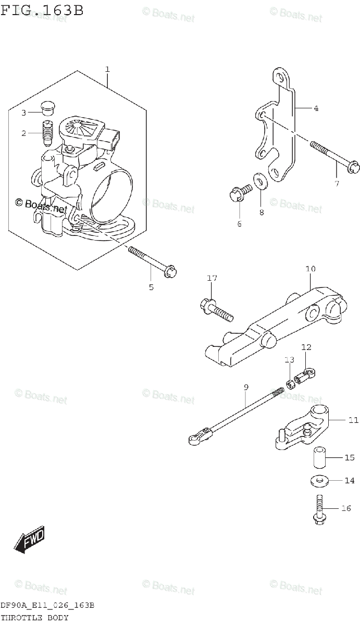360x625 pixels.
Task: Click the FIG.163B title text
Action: click(42, 10)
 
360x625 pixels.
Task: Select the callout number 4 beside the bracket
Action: click(316, 108)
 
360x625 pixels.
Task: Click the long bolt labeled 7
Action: click(333, 157)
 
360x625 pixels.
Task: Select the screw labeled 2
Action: click(48, 133)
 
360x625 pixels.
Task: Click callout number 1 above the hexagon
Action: click(107, 69)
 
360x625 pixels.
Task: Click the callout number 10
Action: click(311, 269)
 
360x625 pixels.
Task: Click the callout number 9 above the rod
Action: click(246, 387)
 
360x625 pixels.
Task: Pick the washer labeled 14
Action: click(319, 480)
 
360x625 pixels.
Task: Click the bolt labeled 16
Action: click(319, 509)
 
